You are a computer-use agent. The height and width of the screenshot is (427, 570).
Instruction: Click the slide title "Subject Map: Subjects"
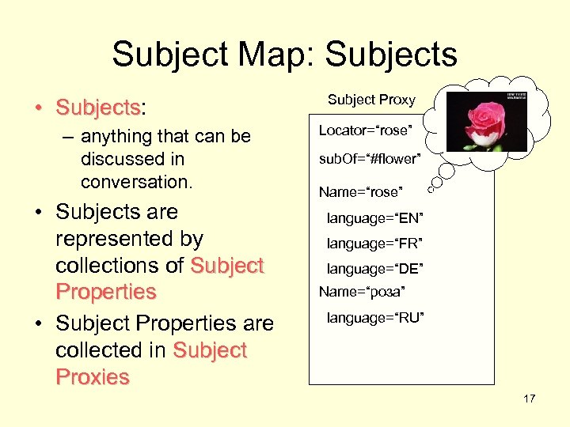tap(284, 55)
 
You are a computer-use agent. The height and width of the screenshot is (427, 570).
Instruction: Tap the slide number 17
tap(529, 399)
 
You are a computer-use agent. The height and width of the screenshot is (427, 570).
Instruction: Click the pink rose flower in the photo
tap(482, 119)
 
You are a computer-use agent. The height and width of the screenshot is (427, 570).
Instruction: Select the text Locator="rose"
tap(366, 129)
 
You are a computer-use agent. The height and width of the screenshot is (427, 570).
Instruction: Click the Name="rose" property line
tap(360, 192)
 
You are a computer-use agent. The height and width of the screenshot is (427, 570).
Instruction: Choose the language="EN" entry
tap(375, 217)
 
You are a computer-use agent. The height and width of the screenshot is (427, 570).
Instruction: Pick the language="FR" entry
tap(375, 244)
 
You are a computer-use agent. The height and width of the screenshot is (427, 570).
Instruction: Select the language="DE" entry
tap(375, 270)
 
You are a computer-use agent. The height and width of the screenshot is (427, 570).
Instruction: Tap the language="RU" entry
tap(375, 318)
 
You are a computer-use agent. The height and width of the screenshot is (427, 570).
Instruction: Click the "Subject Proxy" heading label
tap(371, 100)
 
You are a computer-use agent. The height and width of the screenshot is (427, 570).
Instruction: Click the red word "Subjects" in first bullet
tap(97, 107)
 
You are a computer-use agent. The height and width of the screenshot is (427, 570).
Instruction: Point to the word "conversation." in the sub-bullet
tap(136, 181)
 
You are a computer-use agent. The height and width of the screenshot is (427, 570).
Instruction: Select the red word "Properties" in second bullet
tap(106, 292)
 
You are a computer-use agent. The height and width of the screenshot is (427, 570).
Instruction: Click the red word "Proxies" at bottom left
tap(92, 377)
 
